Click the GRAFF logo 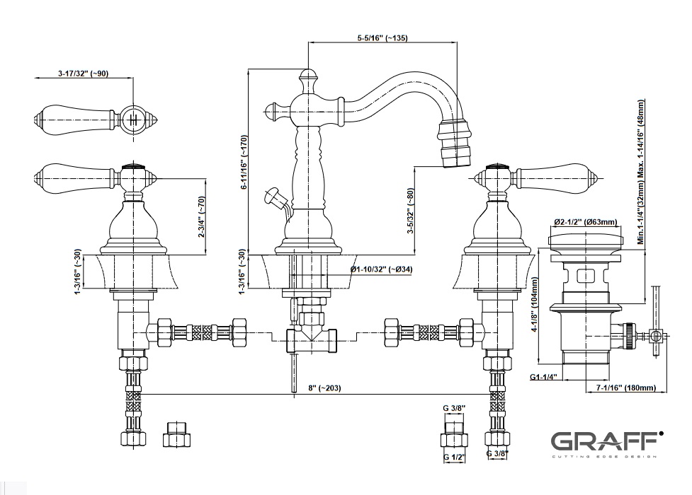click(606, 442)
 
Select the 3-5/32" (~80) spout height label click(411, 211)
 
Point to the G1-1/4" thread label click(543, 378)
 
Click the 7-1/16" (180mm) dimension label click(625, 388)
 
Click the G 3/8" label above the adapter click(453, 409)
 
